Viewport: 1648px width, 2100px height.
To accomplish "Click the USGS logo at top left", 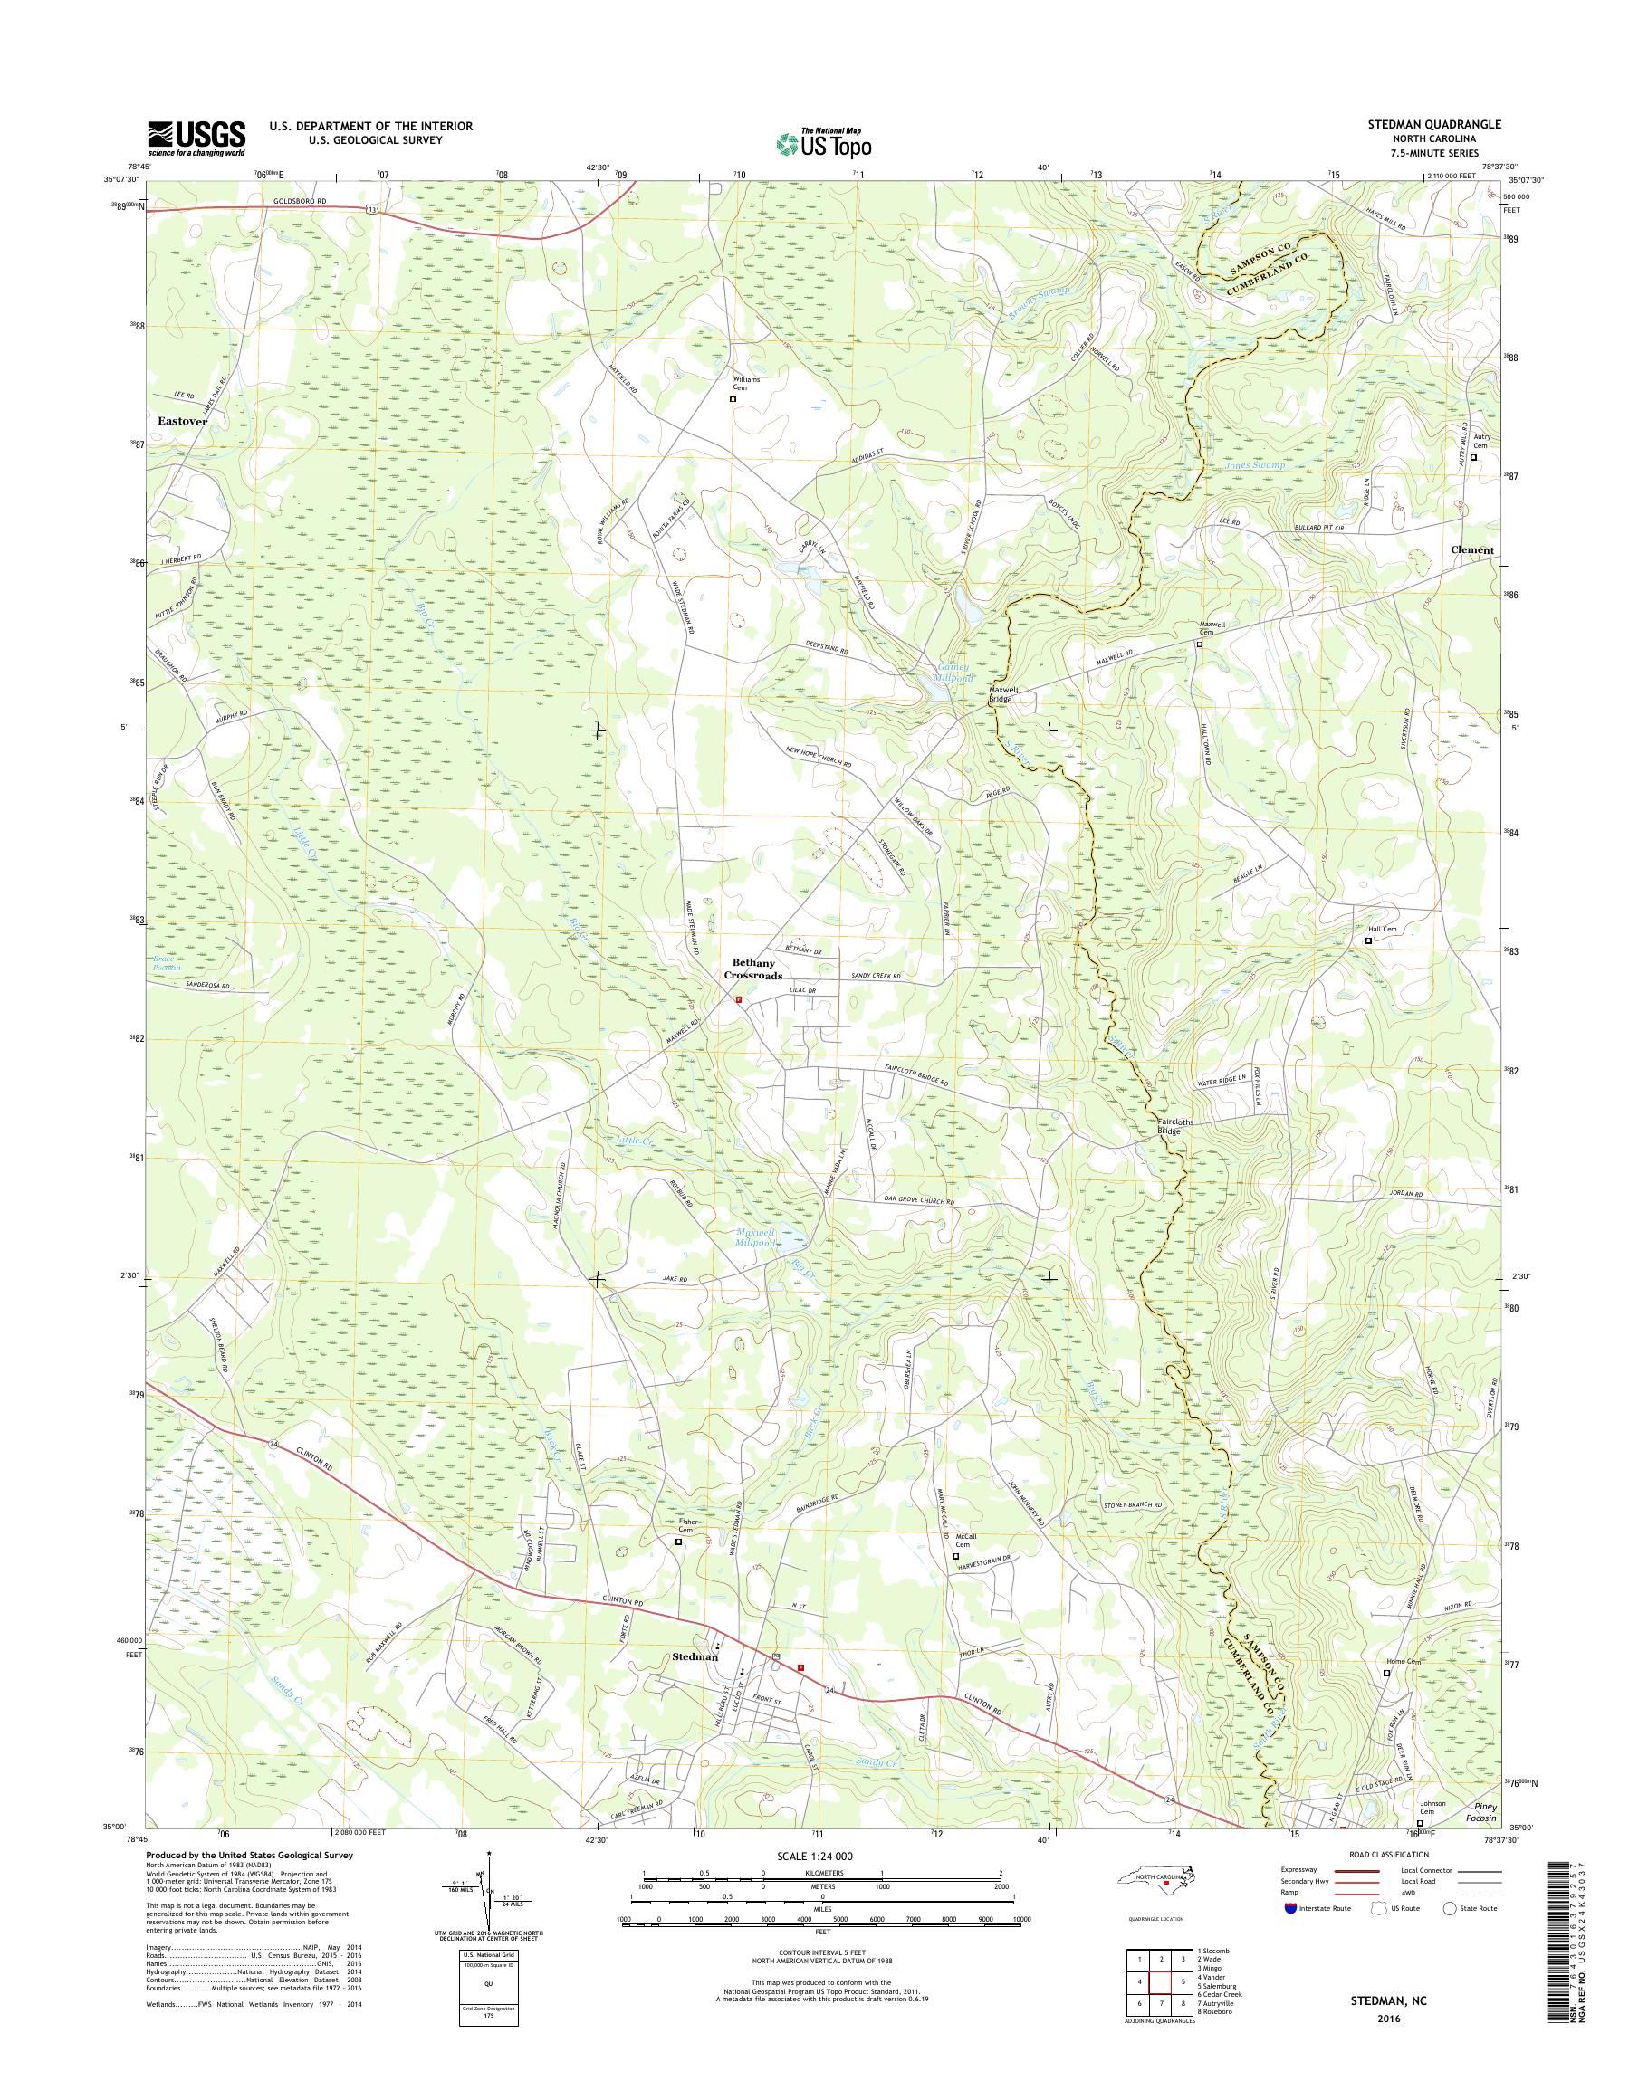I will click(x=196, y=138).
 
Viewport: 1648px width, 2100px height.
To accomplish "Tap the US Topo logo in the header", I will click(x=822, y=144).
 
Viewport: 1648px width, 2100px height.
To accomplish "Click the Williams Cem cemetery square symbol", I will click(x=733, y=398).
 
